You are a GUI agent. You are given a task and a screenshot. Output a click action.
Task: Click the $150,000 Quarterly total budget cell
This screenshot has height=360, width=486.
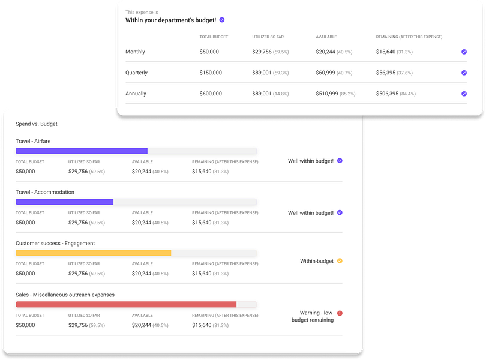coord(211,73)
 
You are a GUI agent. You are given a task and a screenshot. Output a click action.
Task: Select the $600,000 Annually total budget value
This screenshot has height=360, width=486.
coord(211,94)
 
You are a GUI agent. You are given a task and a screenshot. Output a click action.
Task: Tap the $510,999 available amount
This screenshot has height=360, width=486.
coord(326,94)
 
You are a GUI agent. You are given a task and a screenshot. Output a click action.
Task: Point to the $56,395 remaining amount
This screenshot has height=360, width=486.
coord(386,73)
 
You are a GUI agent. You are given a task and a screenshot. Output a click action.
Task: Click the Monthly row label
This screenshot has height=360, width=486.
coord(135,52)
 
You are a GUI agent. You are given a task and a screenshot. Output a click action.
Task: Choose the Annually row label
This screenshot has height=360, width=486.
coord(136,94)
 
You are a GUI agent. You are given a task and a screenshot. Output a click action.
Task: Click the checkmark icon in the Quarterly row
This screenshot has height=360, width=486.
coord(464,73)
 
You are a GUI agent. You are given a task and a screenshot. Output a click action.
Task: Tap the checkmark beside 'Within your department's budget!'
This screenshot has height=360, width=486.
coord(222,20)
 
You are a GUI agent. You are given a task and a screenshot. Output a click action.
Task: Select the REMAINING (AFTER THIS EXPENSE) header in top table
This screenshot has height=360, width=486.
coord(409,37)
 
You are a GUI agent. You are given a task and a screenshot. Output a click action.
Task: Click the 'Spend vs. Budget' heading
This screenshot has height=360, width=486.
coord(37,124)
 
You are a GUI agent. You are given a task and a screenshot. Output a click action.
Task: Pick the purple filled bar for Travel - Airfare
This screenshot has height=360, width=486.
coord(82,151)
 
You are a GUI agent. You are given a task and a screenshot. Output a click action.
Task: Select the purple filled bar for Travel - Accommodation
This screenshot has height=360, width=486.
coord(64,202)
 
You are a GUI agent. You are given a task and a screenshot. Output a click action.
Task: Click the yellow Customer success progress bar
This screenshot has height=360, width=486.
coord(93,253)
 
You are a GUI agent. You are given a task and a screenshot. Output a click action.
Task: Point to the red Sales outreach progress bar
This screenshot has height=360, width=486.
coord(126,304)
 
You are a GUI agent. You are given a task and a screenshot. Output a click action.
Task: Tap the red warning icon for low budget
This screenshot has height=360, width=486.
coord(340,313)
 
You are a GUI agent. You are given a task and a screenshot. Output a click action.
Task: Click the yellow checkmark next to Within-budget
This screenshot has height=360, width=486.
coord(340,261)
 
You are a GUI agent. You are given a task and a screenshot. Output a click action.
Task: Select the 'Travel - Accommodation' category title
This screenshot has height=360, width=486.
coord(45,192)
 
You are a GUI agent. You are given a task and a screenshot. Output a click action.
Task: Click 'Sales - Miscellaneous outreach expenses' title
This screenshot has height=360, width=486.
coord(65,295)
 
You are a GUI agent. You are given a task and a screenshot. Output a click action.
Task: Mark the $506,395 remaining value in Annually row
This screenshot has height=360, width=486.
coord(387,94)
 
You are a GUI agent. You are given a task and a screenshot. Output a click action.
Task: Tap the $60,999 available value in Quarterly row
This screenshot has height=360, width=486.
coord(325,73)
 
